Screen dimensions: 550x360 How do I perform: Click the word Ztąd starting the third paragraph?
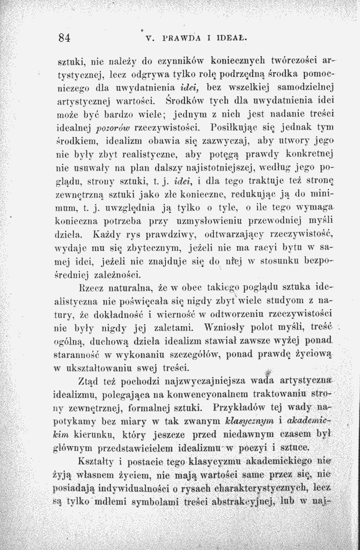click(89, 381)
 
